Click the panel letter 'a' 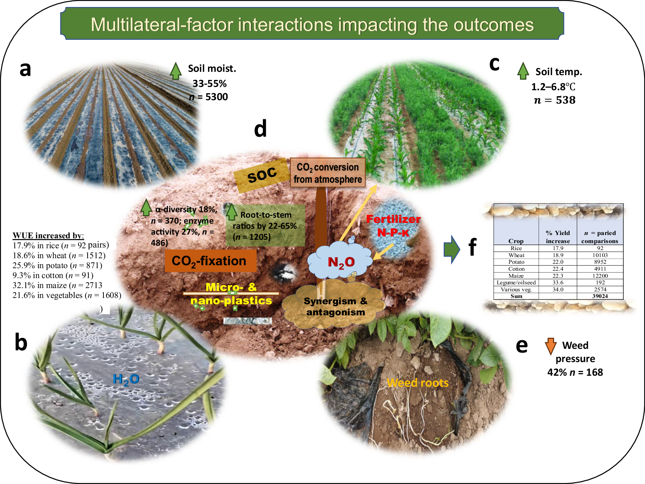25,69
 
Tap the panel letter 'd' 260,129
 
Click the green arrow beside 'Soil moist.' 176,71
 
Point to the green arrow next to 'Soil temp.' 523,71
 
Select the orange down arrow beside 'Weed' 550,346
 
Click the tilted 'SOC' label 262,175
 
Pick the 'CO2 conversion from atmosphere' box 328,173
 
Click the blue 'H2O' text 126,379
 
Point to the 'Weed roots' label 417,383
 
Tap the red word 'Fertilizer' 393,219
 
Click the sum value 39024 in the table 600,296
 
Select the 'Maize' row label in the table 516,276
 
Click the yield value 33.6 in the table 558,283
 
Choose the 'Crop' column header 516,241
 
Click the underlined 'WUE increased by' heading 48,235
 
